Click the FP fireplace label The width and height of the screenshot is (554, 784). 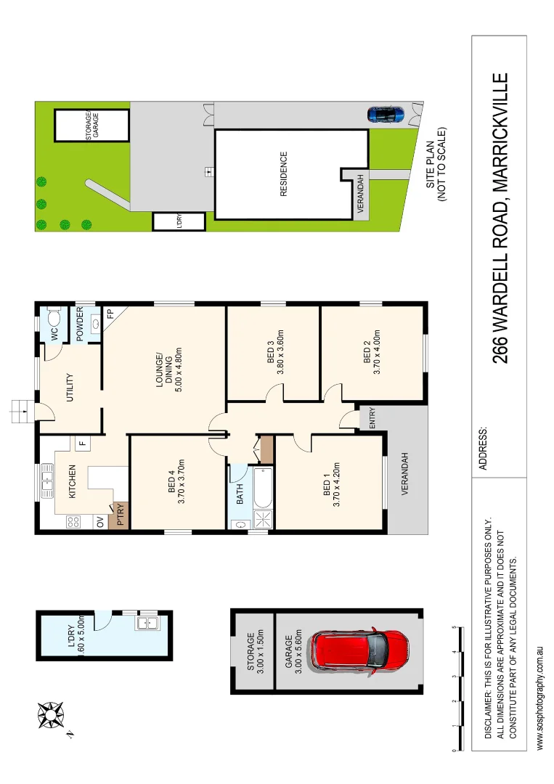tap(111, 315)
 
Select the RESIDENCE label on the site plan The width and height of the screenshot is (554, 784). tap(284, 173)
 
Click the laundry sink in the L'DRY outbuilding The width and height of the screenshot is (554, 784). tap(147, 622)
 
